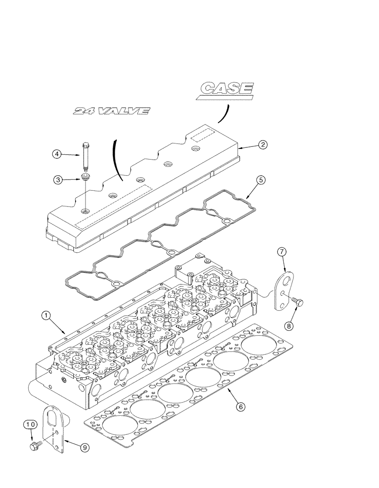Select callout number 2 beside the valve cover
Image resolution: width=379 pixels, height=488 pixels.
pos(262,144)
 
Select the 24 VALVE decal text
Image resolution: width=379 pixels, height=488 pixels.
pos(110,112)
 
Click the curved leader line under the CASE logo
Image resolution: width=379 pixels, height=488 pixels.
pos(223,114)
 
